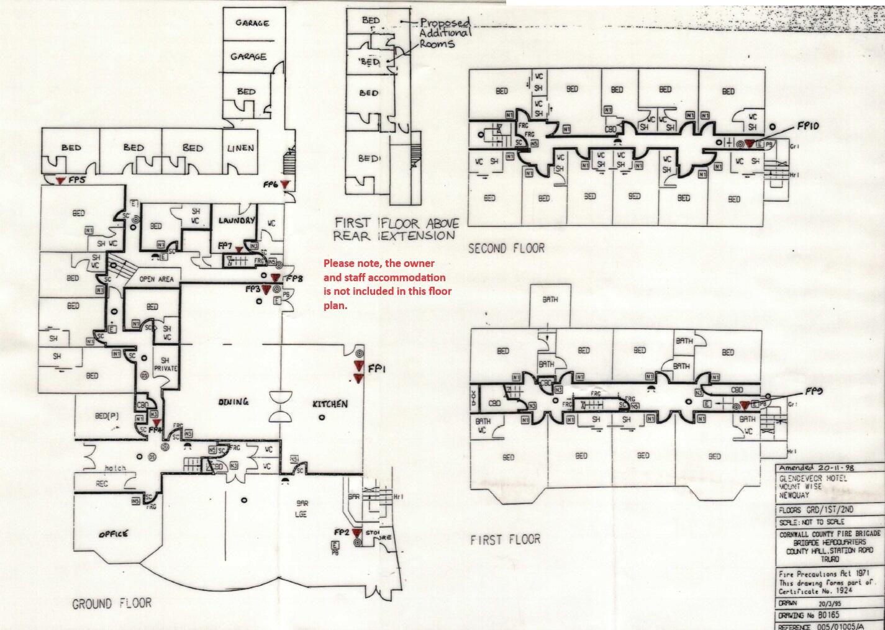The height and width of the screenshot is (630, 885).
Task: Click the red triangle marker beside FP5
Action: click(x=59, y=180)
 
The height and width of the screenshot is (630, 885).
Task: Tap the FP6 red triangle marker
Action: click(x=284, y=184)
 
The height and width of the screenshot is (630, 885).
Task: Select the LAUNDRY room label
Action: click(x=236, y=220)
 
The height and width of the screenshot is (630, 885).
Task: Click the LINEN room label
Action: click(x=240, y=148)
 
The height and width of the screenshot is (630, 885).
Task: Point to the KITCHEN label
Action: click(x=330, y=404)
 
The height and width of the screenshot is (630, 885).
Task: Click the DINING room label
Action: click(x=233, y=402)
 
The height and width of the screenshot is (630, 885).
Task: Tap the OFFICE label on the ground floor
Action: click(x=114, y=534)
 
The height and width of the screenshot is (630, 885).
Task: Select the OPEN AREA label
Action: click(x=157, y=279)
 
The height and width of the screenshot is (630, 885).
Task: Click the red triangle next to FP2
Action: click(x=356, y=533)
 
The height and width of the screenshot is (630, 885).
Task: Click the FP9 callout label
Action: click(x=814, y=392)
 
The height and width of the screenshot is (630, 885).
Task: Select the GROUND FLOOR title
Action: click(x=112, y=603)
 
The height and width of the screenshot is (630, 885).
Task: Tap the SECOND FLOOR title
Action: click(x=506, y=248)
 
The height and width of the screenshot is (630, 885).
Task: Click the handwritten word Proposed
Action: click(x=445, y=24)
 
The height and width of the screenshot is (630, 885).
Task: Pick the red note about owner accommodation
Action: click(x=387, y=284)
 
